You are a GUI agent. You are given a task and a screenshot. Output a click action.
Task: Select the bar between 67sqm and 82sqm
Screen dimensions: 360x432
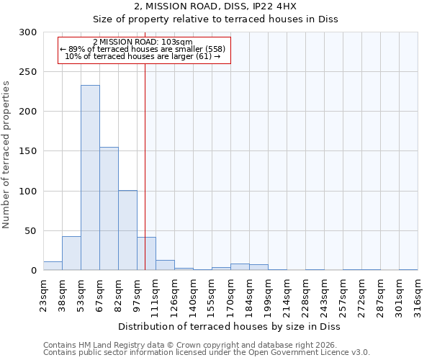109,209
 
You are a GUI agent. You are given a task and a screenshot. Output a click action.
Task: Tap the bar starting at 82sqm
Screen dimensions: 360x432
127,230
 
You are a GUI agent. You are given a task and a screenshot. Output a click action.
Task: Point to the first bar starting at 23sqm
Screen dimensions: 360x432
53,266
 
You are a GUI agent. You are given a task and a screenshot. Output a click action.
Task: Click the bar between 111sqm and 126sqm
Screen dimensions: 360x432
165,265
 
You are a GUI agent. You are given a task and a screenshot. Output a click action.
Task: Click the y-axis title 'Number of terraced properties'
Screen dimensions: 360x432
6,155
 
